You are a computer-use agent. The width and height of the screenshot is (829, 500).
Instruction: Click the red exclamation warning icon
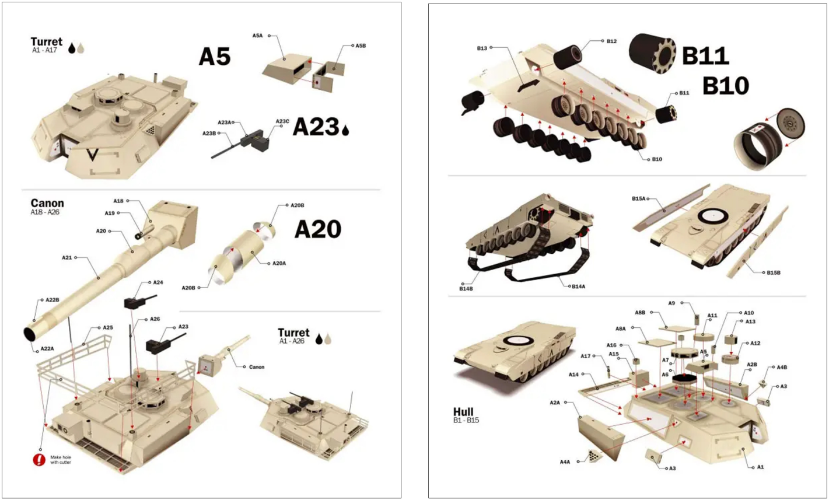(x=39, y=459)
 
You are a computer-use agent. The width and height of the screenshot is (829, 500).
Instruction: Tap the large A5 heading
(x=215, y=57)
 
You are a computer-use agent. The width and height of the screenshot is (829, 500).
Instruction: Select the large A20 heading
(x=318, y=229)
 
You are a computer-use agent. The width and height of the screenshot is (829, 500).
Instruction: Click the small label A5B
(x=361, y=46)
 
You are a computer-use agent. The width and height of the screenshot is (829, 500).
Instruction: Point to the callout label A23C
(x=282, y=121)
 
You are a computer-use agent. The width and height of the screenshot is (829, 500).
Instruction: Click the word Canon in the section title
(x=47, y=203)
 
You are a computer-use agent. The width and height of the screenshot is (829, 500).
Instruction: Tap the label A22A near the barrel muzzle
(x=47, y=349)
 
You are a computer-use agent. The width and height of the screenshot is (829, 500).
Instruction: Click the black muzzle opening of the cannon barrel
(x=30, y=334)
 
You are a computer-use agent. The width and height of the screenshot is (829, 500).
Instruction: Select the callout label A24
(x=158, y=282)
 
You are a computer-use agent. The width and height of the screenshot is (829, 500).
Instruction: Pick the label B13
(x=482, y=48)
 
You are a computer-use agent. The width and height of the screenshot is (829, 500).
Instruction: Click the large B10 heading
(x=725, y=86)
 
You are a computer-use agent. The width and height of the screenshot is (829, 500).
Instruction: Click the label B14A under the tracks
(x=579, y=286)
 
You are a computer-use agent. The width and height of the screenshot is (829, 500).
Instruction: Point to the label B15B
(x=774, y=273)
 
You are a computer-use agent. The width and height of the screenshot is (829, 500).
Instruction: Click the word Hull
(x=463, y=412)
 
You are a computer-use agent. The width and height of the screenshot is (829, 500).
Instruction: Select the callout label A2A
(x=555, y=403)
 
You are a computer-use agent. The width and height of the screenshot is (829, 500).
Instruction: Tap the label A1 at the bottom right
(x=760, y=467)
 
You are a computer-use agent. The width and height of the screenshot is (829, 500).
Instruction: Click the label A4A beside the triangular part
(x=565, y=462)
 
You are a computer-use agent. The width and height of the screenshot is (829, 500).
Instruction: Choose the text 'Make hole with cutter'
(x=61, y=460)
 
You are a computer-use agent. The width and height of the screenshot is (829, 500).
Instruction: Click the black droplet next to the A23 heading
(x=345, y=130)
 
